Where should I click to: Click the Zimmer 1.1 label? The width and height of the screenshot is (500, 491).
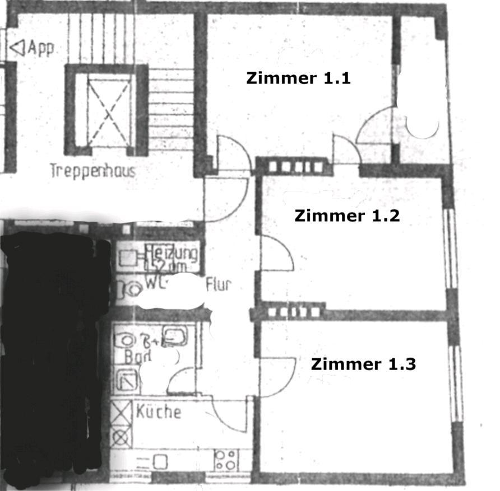[298, 78]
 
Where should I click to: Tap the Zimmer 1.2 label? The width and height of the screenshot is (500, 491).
[347, 216]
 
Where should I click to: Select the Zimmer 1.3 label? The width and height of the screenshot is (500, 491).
[363, 364]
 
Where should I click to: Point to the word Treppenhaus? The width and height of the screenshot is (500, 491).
[93, 170]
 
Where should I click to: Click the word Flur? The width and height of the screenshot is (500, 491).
[218, 284]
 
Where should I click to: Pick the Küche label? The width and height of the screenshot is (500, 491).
[159, 412]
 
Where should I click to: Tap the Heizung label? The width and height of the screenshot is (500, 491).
[171, 253]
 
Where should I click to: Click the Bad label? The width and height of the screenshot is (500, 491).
[135, 357]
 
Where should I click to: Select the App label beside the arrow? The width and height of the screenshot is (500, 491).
[41, 48]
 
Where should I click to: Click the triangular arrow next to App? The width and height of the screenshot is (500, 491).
[18, 48]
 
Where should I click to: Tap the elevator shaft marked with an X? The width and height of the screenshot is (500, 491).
[109, 110]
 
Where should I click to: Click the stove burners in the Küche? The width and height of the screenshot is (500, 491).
[226, 460]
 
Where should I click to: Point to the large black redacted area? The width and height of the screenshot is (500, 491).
[53, 347]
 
